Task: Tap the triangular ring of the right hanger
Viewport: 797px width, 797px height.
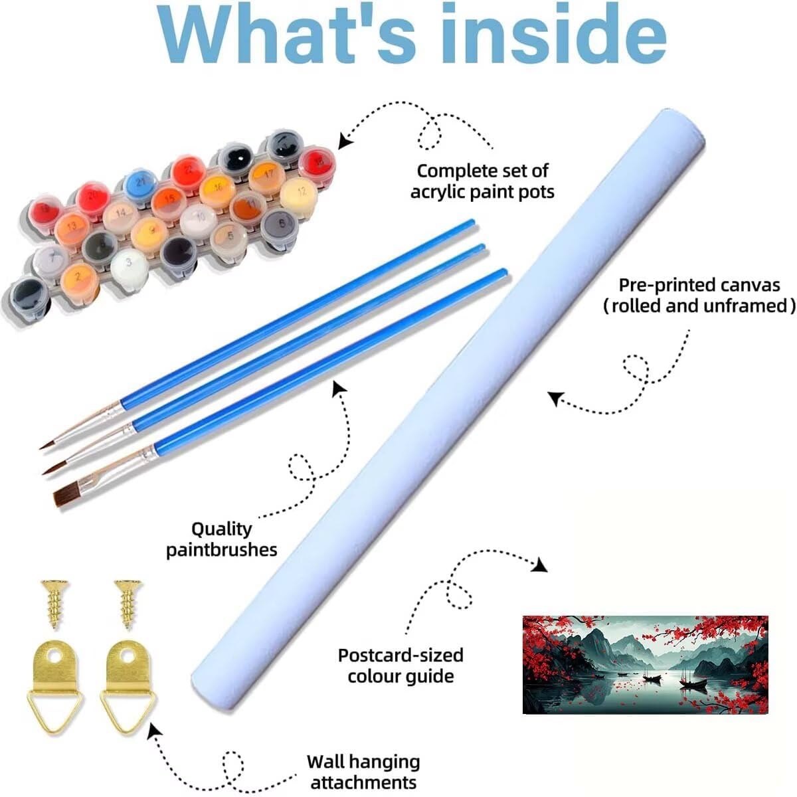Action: coord(126,707)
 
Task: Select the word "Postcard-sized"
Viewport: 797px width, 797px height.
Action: coord(400,655)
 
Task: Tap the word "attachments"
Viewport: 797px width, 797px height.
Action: coord(363,782)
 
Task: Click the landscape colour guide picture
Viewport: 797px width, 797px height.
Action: coord(645,665)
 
